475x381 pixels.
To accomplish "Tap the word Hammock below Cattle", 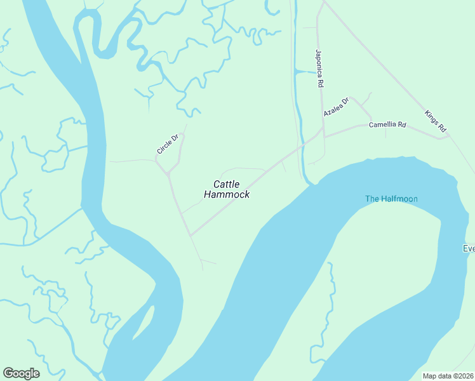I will tap(227, 195).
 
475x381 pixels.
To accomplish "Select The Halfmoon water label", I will tap(391, 199).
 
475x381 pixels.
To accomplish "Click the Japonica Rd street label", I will tap(320, 69).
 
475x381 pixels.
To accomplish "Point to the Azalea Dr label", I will tap(336, 107).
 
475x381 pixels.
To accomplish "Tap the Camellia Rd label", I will tap(387, 125).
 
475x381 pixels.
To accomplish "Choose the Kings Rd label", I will tap(436, 122).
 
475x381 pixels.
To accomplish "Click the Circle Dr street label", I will tap(168, 144).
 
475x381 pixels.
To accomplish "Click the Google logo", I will tap(21, 373).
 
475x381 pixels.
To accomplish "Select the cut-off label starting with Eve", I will tap(469, 248).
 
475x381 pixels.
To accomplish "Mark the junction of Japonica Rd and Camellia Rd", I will tap(324, 136).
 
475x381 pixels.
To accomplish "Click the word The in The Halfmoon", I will tap(372, 199).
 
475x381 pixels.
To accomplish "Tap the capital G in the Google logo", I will tap(8, 373).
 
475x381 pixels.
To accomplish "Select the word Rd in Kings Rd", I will tap(443, 129).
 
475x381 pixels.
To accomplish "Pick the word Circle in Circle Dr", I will tap(165, 147).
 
